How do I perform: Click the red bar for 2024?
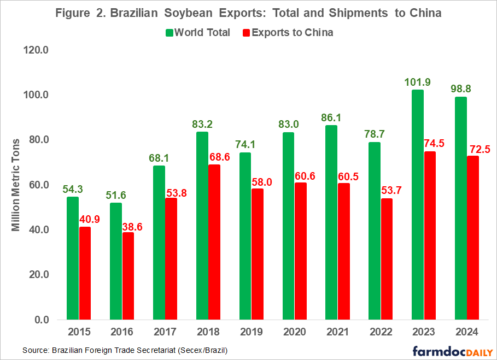[473, 238]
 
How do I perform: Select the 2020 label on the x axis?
[295, 332]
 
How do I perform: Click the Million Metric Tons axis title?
[16, 184]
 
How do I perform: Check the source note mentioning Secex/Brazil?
[125, 350]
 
